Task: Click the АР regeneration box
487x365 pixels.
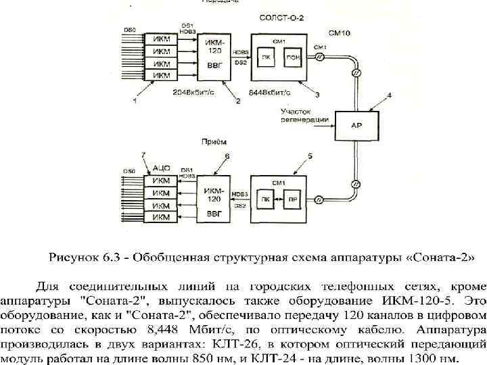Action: click(356, 124)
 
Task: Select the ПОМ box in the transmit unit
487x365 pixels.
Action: click(293, 58)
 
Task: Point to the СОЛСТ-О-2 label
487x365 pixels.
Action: click(279, 18)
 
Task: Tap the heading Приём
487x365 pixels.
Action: click(214, 143)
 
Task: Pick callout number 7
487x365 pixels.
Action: click(143, 156)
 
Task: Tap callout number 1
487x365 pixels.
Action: click(135, 101)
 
